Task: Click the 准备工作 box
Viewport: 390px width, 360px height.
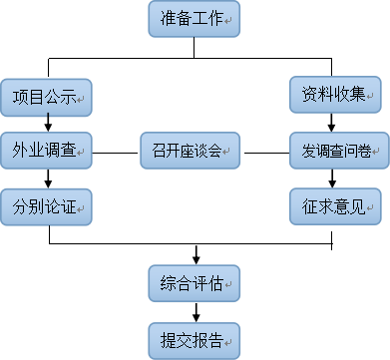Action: point(194,19)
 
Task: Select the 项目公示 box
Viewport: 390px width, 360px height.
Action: point(46,98)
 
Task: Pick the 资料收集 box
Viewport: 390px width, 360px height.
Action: point(335,96)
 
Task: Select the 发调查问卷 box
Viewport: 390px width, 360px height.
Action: point(335,152)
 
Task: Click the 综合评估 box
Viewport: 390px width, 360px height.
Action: point(194,284)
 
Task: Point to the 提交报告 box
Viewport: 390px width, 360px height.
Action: point(194,338)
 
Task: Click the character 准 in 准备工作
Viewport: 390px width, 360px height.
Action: point(168,19)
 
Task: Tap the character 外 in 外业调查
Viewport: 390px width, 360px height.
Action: point(20,152)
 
